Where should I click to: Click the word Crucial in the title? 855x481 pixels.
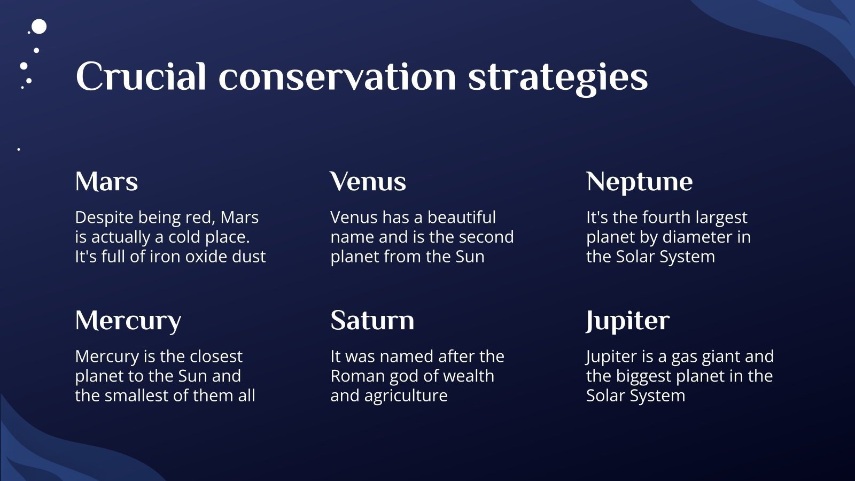(141, 76)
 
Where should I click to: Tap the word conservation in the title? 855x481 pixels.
(337, 76)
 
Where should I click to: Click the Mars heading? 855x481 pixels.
(106, 181)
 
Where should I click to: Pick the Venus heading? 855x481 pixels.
(368, 181)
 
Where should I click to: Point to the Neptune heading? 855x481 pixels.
(639, 182)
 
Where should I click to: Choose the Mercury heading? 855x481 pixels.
(128, 321)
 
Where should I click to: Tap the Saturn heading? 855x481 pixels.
(372, 320)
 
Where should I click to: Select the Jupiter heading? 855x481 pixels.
(628, 321)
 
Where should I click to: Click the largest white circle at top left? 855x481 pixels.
(39, 27)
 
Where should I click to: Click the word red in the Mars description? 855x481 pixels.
(198, 218)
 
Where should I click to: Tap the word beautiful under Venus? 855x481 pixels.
(462, 218)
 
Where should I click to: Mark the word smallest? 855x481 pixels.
(137, 395)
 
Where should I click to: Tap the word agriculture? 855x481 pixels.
(406, 397)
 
